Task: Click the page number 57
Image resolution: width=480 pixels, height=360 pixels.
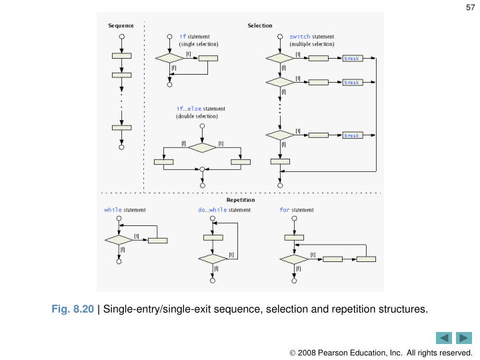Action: [469, 8]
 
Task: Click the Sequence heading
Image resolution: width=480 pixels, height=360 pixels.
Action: [121, 26]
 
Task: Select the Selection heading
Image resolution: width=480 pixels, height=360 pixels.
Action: [260, 26]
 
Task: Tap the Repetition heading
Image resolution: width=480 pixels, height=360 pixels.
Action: [241, 199]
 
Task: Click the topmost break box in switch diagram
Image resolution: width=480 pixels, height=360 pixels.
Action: [351, 59]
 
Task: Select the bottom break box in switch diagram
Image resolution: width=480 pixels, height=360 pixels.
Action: [351, 135]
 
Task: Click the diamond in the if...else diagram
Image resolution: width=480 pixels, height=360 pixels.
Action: [203, 147]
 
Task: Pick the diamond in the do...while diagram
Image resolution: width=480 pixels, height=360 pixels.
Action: [213, 259]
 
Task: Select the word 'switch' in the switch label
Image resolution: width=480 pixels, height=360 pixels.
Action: [299, 36]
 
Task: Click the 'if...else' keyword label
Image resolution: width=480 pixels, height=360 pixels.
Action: [189, 109]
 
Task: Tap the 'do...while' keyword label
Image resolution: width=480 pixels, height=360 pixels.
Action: [212, 209]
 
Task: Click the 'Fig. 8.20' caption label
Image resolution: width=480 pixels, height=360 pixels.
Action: [75, 309]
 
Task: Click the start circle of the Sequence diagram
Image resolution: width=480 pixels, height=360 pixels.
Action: [121, 37]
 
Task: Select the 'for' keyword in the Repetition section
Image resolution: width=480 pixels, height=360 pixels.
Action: [285, 209]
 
